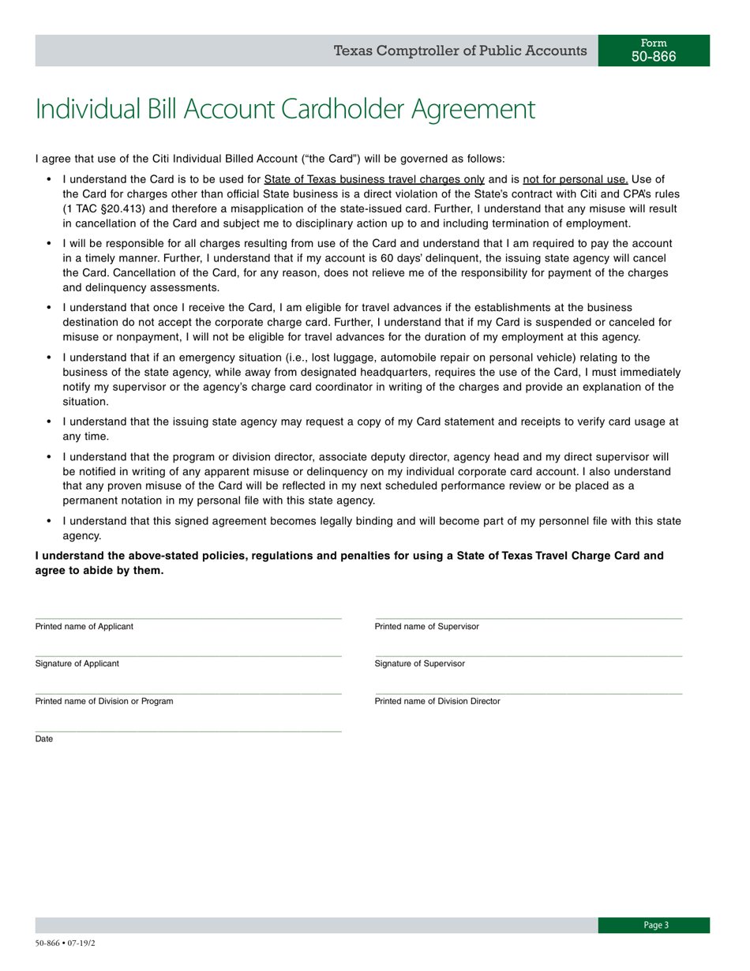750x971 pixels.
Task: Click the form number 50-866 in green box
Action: (654, 57)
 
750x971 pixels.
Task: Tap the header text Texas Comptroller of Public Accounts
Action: (460, 51)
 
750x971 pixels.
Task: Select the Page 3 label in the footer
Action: (655, 925)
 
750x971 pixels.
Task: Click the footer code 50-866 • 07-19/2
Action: (66, 943)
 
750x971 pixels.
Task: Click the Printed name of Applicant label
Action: (84, 627)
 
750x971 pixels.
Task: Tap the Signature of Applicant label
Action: (77, 664)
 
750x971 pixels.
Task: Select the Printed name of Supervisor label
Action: (426, 627)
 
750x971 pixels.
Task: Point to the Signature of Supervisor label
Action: (419, 664)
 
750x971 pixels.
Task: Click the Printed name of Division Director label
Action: (437, 701)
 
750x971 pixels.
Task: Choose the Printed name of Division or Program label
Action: (103, 701)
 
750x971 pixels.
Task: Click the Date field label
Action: (44, 739)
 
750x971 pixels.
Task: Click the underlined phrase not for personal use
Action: (575, 179)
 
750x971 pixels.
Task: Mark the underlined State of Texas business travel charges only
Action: (374, 179)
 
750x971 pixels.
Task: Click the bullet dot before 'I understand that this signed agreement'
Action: (49, 521)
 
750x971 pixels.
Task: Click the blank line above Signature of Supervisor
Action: (528, 656)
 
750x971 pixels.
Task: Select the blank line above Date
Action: (188, 731)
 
